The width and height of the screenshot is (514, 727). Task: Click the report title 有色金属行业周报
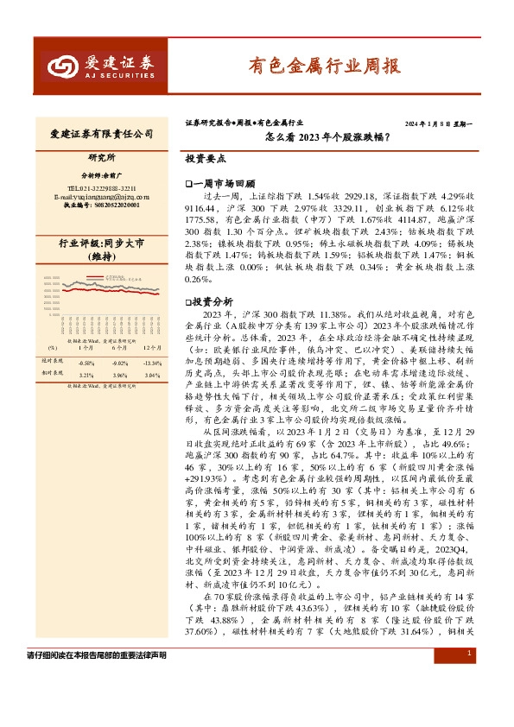(x=324, y=65)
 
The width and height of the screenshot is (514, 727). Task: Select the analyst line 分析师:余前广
(x=101, y=174)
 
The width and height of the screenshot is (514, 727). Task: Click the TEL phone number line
(x=101, y=188)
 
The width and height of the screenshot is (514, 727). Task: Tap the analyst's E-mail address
(x=101, y=198)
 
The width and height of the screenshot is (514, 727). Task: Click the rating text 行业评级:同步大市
(x=101, y=244)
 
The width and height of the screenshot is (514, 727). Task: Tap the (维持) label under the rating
(x=101, y=257)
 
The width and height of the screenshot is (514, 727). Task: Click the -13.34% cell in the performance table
(x=152, y=363)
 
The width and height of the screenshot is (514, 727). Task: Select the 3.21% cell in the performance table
(x=86, y=376)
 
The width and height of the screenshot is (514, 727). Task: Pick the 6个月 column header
(x=119, y=350)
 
